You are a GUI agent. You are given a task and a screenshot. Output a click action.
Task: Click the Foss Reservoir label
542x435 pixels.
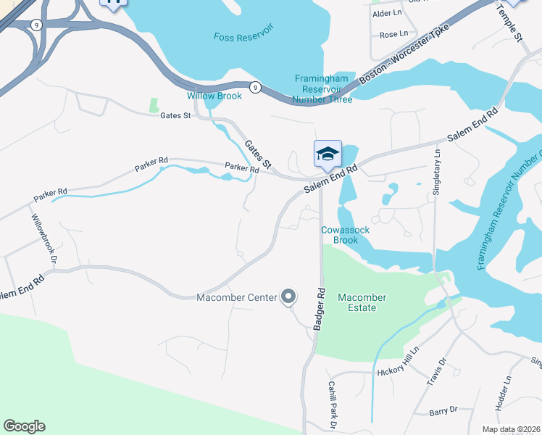tap(243, 36)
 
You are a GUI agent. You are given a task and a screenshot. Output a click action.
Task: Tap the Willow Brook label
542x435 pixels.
tap(214, 96)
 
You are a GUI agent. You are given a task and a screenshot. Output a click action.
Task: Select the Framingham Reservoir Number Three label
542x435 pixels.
tap(323, 88)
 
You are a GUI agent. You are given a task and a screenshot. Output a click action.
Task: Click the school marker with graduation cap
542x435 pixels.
tap(328, 154)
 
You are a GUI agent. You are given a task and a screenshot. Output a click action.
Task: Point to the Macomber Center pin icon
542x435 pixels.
tap(288, 297)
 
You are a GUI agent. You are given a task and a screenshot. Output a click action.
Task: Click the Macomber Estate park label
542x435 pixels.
tap(362, 302)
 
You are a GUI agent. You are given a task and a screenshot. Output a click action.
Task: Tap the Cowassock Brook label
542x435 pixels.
tap(346, 235)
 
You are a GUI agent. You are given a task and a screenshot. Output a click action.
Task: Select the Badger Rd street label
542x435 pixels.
tap(320, 310)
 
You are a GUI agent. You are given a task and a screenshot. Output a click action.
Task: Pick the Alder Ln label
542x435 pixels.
tap(386, 14)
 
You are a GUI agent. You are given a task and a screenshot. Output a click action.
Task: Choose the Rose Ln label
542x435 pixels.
tap(393, 34)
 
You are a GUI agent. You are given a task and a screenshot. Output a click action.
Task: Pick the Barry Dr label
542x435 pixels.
tap(443, 410)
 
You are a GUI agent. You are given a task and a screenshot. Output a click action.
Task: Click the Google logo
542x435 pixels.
tap(24, 426)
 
